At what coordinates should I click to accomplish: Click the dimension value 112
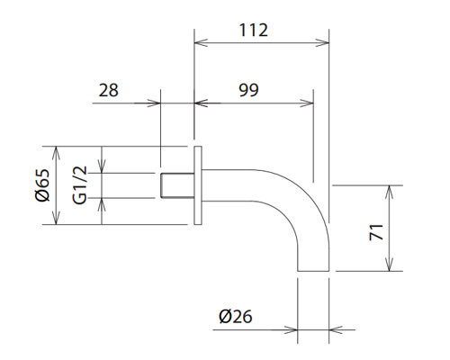[255, 30]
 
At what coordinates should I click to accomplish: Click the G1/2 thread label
[80, 185]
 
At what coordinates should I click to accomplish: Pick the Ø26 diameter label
[233, 316]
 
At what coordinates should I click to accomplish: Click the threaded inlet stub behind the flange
[175, 185]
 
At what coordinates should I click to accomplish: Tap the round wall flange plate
[199, 185]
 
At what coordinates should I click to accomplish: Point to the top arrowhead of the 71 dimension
[390, 190]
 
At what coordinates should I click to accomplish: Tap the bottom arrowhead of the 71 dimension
[390, 267]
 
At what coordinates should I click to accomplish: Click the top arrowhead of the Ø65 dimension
[56, 149]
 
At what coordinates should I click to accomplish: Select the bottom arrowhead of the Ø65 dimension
[56, 221]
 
